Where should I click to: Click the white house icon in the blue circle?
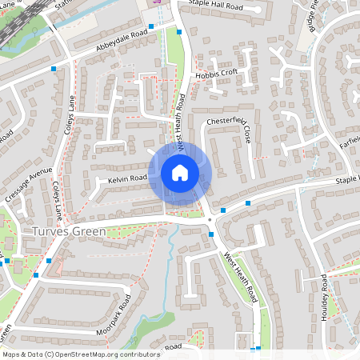[x=180, y=172]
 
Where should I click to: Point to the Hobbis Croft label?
[x=216, y=73]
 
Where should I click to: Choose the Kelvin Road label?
[x=128, y=177]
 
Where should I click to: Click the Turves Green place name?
[x=69, y=232]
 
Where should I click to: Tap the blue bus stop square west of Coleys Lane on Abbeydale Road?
[x=54, y=70]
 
